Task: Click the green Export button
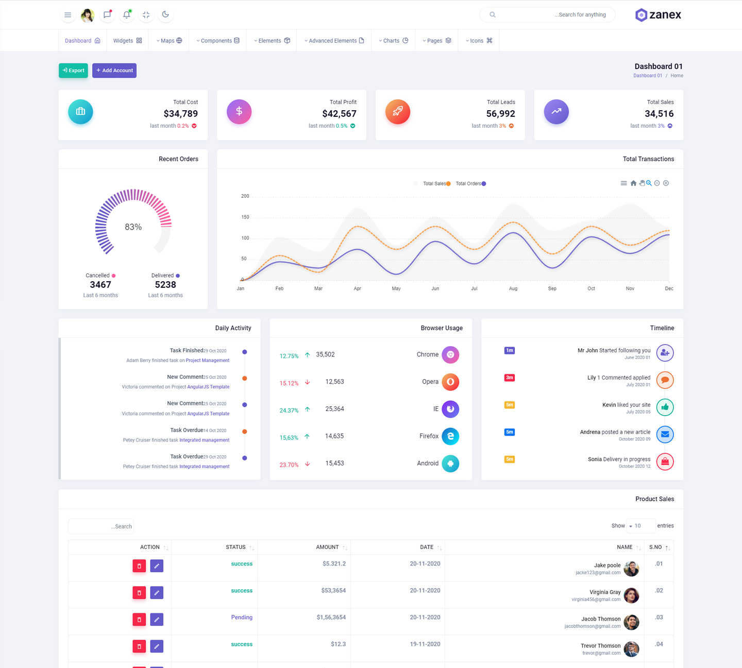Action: [73, 71]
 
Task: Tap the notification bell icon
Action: [126, 15]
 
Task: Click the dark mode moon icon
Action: [165, 14]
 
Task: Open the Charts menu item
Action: [393, 41]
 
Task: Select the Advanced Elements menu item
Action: [334, 41]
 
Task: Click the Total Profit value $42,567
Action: [339, 114]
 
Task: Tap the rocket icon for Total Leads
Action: [398, 111]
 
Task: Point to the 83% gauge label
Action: [133, 227]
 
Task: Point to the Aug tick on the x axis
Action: [513, 288]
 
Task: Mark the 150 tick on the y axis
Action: [245, 217]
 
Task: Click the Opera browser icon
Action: [450, 382]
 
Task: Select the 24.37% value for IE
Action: [289, 410]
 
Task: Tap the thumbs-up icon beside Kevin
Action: [665, 407]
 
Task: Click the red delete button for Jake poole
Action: [139, 566]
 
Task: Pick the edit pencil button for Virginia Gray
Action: [157, 593]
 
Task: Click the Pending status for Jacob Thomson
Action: [242, 618]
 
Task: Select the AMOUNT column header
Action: [327, 547]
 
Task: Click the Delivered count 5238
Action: [165, 285]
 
